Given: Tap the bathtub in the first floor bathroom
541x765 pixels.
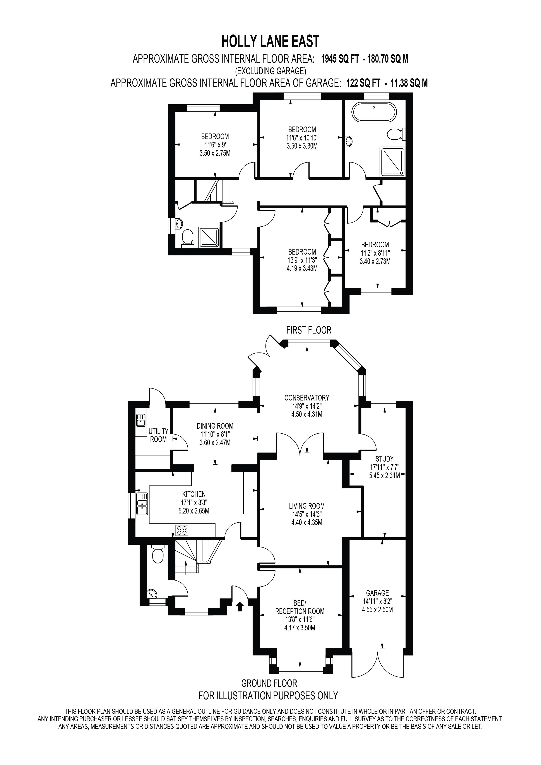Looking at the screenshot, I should [x=374, y=112].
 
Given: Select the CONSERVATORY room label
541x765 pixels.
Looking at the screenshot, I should [x=306, y=397].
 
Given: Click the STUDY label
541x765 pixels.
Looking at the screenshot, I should [x=384, y=459].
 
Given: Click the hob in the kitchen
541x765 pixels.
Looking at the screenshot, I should [x=181, y=530].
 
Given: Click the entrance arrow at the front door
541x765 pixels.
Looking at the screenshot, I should [x=240, y=606].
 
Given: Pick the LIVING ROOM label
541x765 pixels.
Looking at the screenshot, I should [x=306, y=506].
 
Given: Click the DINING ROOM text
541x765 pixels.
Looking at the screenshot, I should [x=215, y=426].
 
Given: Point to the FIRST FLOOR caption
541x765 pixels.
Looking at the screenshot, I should [x=309, y=330].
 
